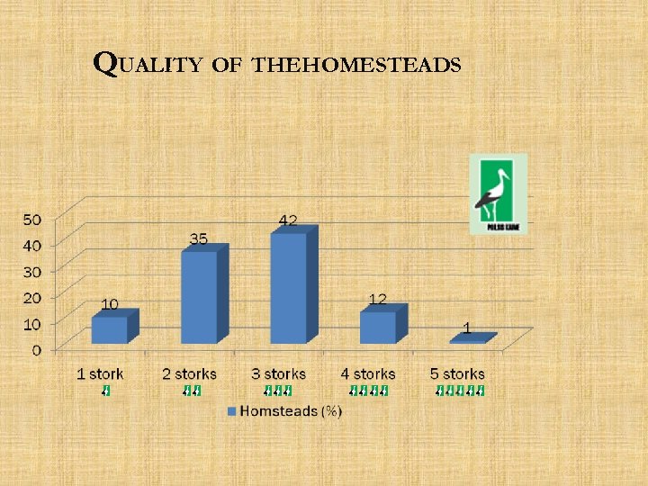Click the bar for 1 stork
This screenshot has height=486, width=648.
pyautogui.click(x=110, y=329)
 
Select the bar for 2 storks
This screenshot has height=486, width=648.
pyautogui.click(x=200, y=296)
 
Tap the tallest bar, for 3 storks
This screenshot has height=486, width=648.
pyautogui.click(x=288, y=287)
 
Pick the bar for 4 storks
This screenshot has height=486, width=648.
pyautogui.click(x=378, y=327)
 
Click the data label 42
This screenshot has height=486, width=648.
pyautogui.click(x=288, y=220)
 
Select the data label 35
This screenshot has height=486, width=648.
pyautogui.click(x=200, y=238)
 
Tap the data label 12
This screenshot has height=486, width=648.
pyautogui.click(x=379, y=298)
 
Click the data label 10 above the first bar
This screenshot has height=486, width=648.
pyautogui.click(x=109, y=304)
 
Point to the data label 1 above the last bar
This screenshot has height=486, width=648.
pyautogui.click(x=466, y=328)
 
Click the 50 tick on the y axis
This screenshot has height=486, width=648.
pyautogui.click(x=31, y=219)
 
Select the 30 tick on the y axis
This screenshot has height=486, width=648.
pyautogui.click(x=31, y=271)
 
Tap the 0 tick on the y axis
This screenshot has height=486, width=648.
pyautogui.click(x=36, y=349)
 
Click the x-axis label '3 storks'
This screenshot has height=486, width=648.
pyautogui.click(x=278, y=373)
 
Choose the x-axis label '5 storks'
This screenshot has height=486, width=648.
pyautogui.click(x=457, y=373)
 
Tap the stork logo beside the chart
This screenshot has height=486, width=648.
pyautogui.click(x=498, y=193)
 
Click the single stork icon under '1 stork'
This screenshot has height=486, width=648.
pyautogui.click(x=106, y=391)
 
